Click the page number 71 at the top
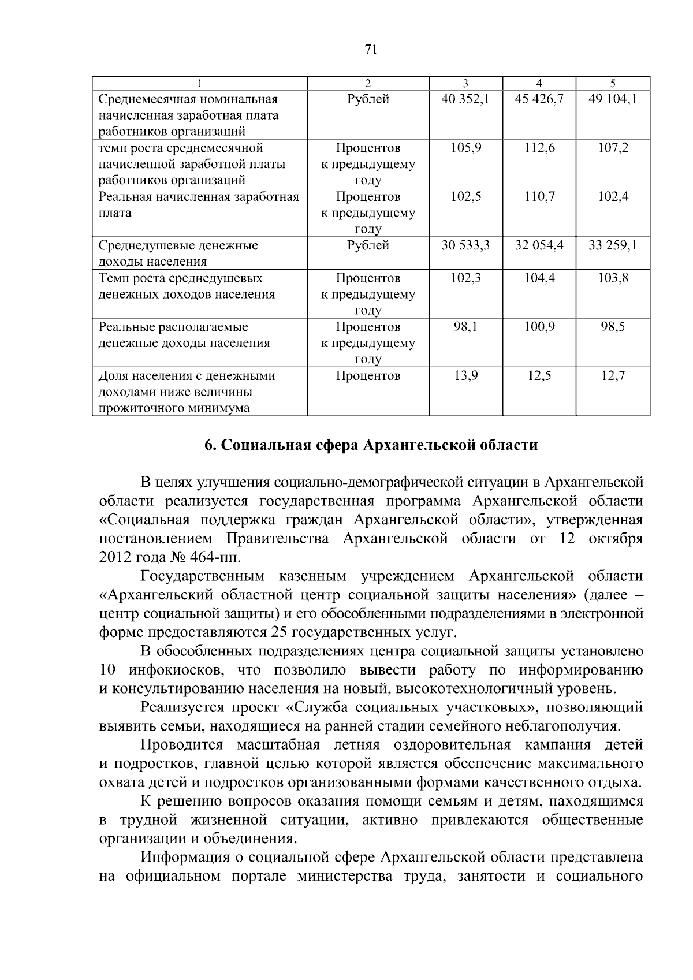(x=371, y=50)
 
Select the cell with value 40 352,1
(x=465, y=99)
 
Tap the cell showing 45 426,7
(x=539, y=99)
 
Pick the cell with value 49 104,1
(x=612, y=99)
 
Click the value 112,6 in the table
(x=539, y=148)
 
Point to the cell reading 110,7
(x=539, y=197)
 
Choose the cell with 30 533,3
(x=465, y=245)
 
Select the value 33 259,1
(x=612, y=245)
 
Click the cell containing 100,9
(x=539, y=327)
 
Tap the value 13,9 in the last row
(x=465, y=376)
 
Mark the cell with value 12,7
(x=612, y=376)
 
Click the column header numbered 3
(x=465, y=83)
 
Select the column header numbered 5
(x=612, y=83)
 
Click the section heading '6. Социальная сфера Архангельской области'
(x=371, y=445)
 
